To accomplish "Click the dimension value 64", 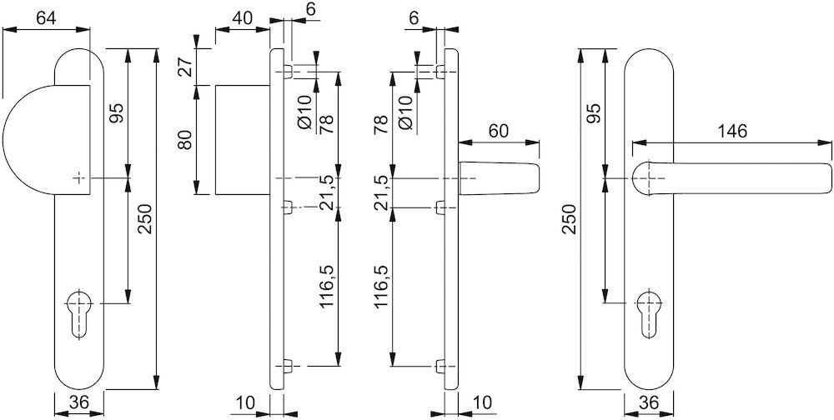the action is (x=47, y=18).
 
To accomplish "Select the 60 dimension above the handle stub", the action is (x=499, y=132).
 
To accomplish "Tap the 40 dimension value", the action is (x=242, y=18).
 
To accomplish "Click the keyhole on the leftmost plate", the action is (x=79, y=313).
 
